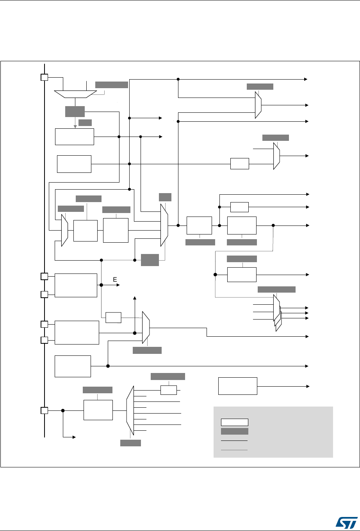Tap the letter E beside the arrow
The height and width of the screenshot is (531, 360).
tap(115, 280)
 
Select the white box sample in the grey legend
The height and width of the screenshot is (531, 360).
tap(234, 422)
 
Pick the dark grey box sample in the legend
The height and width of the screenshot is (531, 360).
tap(234, 431)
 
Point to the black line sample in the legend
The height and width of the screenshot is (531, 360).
tap(234, 440)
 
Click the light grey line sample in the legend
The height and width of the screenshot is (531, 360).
tap(234, 450)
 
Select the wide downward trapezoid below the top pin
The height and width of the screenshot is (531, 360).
tap(75, 94)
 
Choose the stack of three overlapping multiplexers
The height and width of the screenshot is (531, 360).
tap(277, 312)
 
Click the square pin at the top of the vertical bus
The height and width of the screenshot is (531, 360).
tap(45, 77)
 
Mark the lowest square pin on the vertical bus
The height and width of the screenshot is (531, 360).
tap(45, 410)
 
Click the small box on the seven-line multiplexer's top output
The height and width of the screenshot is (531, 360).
tap(169, 390)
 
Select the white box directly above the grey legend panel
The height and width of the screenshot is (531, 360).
tap(237, 386)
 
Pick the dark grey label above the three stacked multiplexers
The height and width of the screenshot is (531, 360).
tap(276, 289)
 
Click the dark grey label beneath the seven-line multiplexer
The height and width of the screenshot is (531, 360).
tap(130, 443)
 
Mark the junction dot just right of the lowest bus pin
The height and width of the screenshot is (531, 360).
tap(63, 410)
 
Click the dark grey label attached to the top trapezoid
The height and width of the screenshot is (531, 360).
tap(111, 85)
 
